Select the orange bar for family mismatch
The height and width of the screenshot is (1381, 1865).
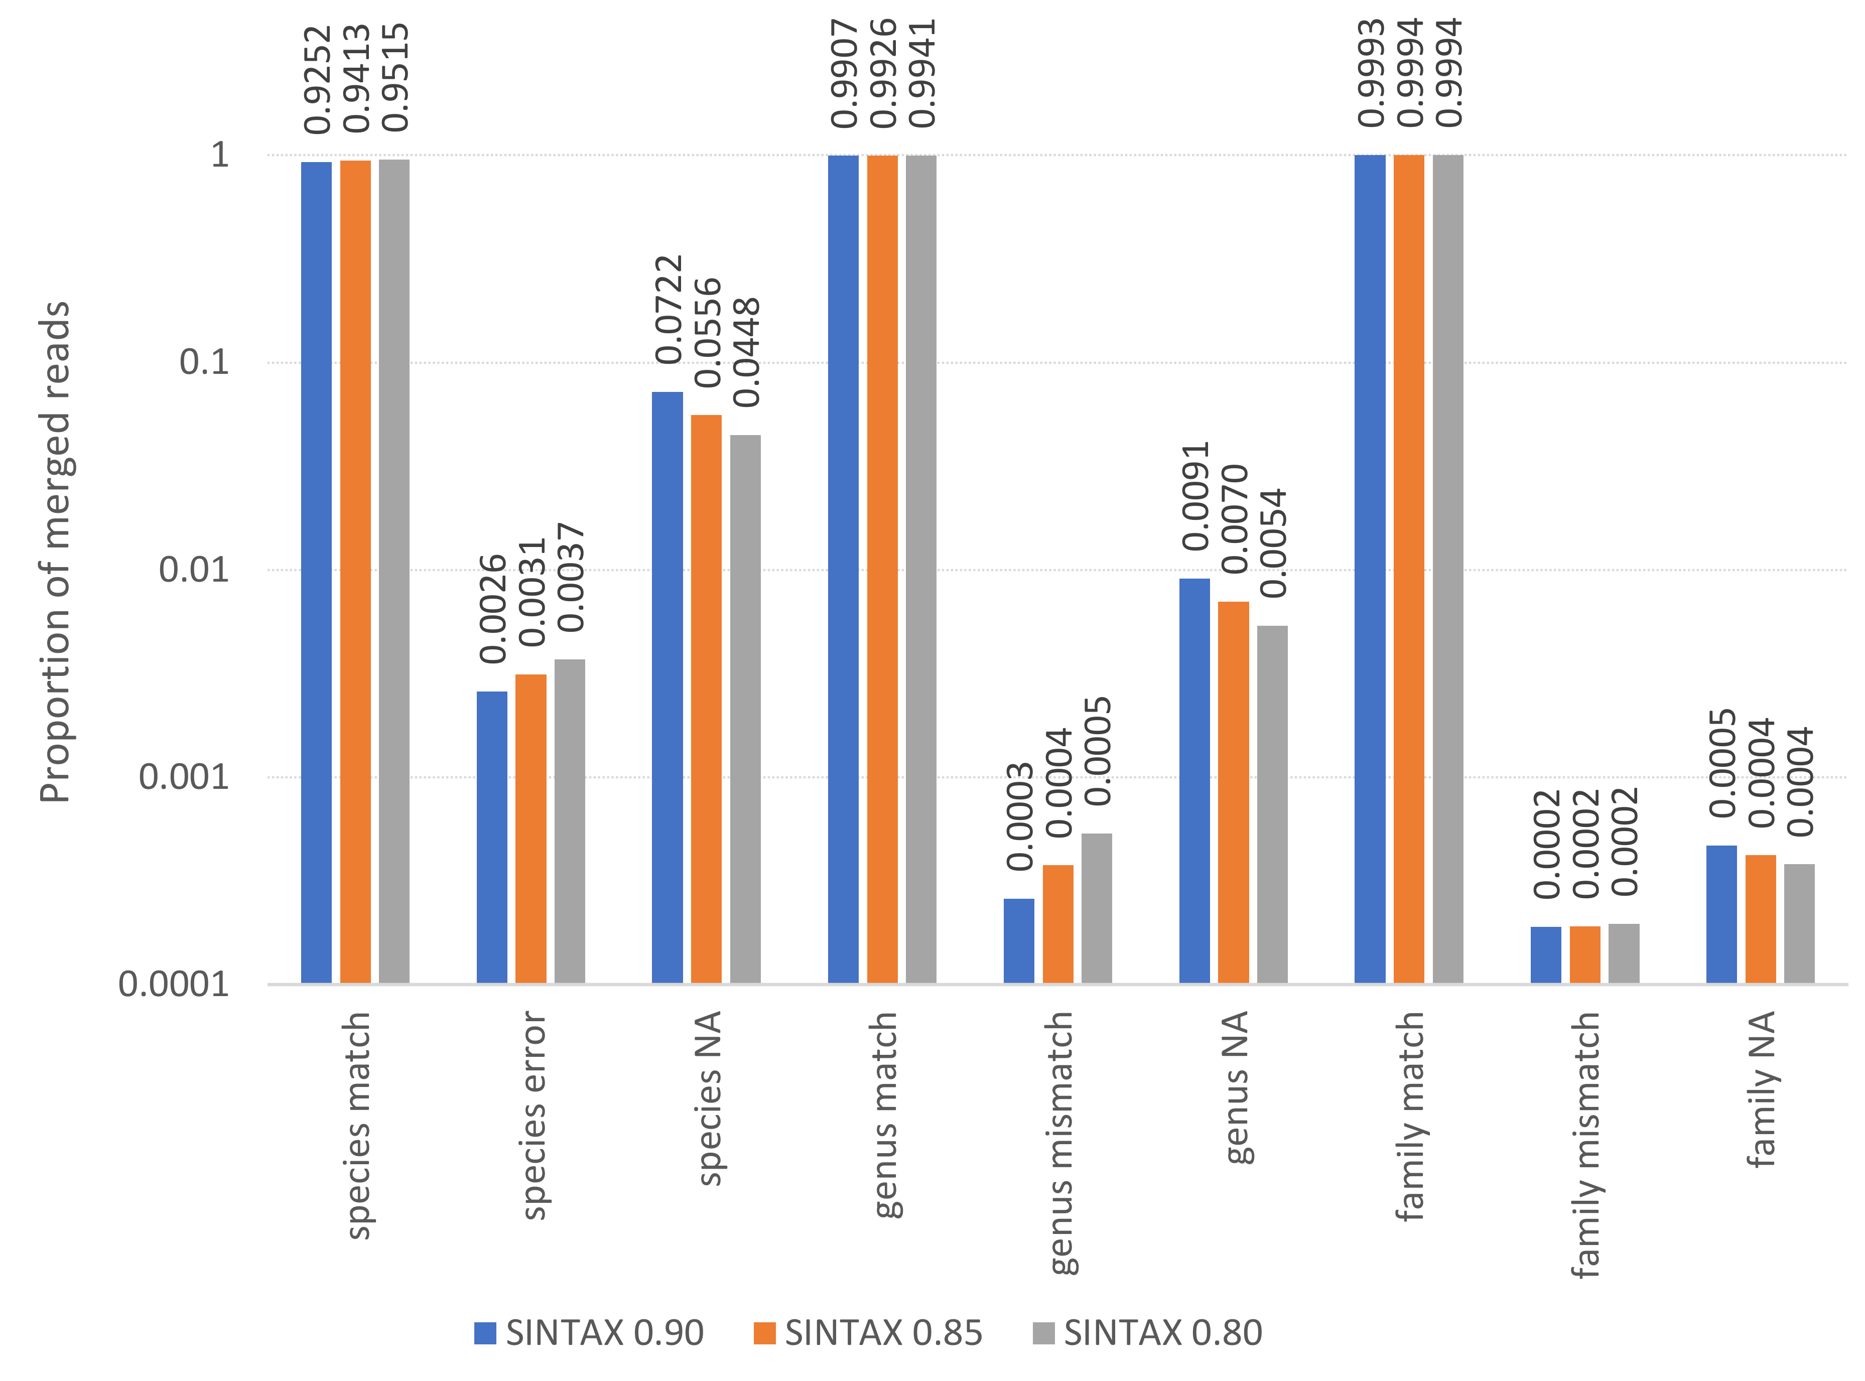[x=1585, y=954]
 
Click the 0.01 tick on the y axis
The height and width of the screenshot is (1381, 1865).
[x=194, y=570]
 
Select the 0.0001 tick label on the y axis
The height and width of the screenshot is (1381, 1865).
[x=174, y=984]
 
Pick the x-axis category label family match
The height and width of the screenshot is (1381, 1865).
[x=1410, y=1116]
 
